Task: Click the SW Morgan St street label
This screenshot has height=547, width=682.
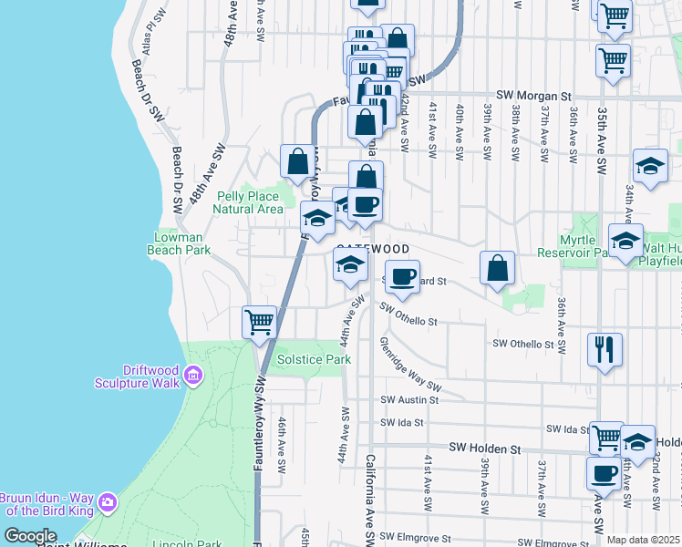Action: (x=533, y=95)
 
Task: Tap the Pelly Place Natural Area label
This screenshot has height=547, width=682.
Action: (x=249, y=202)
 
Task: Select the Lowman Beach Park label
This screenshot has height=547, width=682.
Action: (x=182, y=243)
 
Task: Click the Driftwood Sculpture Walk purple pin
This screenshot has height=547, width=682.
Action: (x=192, y=375)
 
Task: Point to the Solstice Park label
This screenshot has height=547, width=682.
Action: (x=314, y=360)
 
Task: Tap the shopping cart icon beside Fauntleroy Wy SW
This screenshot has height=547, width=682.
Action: (x=259, y=322)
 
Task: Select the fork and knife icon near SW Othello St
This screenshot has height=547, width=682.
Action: (x=604, y=348)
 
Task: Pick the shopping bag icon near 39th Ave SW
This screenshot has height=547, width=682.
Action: (x=498, y=268)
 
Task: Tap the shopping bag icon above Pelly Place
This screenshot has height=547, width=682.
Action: (x=297, y=162)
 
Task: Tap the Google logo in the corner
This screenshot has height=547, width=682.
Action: (x=30, y=536)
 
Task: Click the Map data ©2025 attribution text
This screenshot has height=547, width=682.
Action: (x=642, y=540)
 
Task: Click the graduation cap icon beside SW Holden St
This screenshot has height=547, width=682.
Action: (x=637, y=440)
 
